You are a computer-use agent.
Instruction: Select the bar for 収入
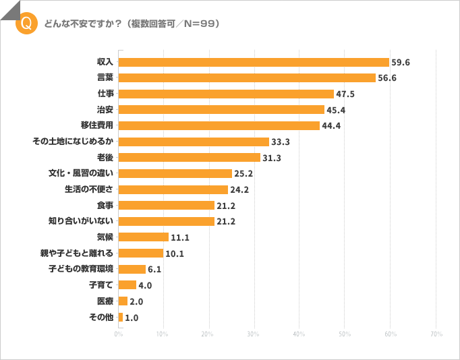[254, 62]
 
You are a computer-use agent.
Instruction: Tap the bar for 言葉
[247, 78]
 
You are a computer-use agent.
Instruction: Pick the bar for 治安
[221, 109]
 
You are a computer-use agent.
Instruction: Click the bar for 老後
[190, 157]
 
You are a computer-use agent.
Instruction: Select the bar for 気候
[144, 237]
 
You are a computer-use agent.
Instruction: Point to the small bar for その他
[121, 317]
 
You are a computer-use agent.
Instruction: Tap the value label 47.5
[346, 94]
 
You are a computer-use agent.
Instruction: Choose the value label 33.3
[281, 142]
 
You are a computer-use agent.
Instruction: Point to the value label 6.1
[154, 269]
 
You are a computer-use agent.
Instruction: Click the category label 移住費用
[96, 125]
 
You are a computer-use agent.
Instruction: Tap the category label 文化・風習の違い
[80, 173]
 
